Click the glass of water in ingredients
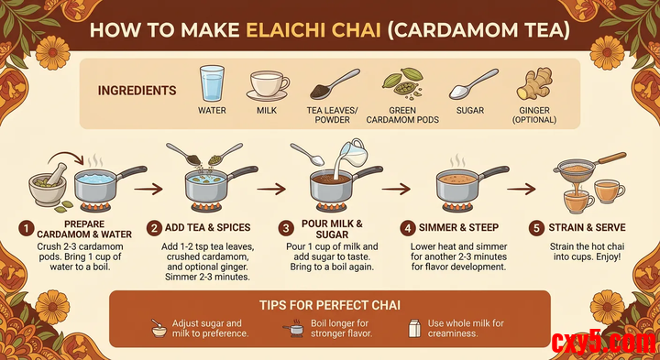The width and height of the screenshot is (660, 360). (x=212, y=82)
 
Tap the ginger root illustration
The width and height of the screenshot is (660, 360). (x=534, y=84)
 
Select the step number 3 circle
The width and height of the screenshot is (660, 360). (x=286, y=228)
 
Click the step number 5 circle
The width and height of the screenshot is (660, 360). (x=536, y=228)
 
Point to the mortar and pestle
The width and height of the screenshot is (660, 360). (x=48, y=184)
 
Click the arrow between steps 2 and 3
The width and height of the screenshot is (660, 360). (x=271, y=190)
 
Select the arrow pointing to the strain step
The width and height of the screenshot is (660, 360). (x=521, y=190)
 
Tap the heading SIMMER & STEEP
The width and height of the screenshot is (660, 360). (x=458, y=228)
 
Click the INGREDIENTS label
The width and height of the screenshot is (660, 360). (x=137, y=91)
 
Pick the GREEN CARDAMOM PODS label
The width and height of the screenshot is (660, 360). (x=402, y=115)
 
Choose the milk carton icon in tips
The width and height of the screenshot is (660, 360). (x=414, y=328)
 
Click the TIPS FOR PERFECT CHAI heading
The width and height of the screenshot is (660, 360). (x=330, y=305)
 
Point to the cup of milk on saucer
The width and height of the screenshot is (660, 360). (x=268, y=85)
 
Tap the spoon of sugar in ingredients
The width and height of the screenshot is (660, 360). (x=473, y=84)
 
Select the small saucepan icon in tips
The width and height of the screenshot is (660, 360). (x=293, y=329)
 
